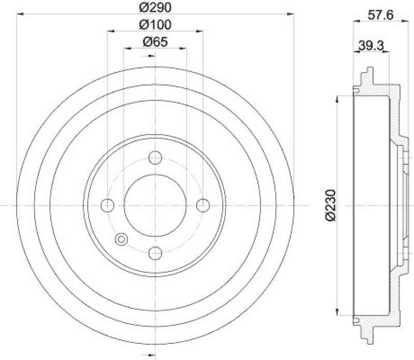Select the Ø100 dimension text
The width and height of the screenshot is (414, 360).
[x=155, y=24]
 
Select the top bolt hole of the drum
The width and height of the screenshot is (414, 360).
[x=155, y=157]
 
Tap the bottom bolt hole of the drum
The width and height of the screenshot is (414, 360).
[x=155, y=253]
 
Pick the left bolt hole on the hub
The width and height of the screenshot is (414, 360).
[x=108, y=205]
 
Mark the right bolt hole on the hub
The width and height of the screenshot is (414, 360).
[x=202, y=205]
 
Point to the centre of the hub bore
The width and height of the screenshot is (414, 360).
[x=155, y=205]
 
